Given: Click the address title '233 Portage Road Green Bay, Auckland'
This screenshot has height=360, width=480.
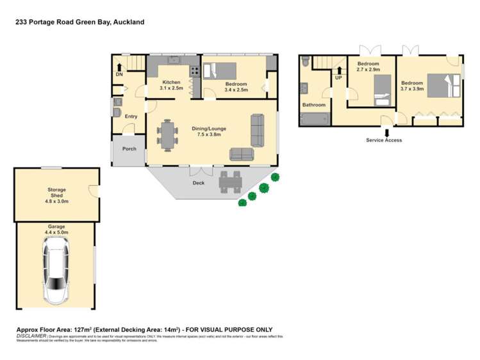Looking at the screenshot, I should point(80,22).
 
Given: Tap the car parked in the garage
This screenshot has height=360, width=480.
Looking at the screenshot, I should point(56,270).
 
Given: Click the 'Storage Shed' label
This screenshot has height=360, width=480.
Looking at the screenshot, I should point(56,193).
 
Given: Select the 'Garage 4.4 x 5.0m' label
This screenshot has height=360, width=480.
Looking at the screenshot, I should point(56,229).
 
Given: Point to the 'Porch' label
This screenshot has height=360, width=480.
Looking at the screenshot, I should point(129,149).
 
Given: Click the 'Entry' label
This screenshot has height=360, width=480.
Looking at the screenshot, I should point(131,117).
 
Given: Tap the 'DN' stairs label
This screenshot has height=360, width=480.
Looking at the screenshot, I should point(119,75).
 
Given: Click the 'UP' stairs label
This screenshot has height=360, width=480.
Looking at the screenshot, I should point(338,78).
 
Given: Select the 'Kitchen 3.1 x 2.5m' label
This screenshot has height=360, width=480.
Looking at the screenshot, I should point(172,85).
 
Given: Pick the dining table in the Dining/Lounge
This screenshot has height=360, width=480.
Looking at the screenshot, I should point(168,135).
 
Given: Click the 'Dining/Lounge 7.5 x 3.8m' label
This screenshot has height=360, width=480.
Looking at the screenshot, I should point(209,131).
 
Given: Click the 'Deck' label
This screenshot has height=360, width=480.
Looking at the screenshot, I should point(199,183).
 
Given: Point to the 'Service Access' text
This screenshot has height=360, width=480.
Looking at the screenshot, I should point(384,140).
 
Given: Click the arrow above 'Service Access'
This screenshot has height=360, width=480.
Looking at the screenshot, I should point(385,133).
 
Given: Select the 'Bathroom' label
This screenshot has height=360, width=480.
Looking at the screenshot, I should point(314,105).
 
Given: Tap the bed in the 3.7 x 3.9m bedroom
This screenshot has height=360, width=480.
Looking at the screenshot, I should point(442,86).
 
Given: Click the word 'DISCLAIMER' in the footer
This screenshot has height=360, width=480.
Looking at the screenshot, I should point(30,335).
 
